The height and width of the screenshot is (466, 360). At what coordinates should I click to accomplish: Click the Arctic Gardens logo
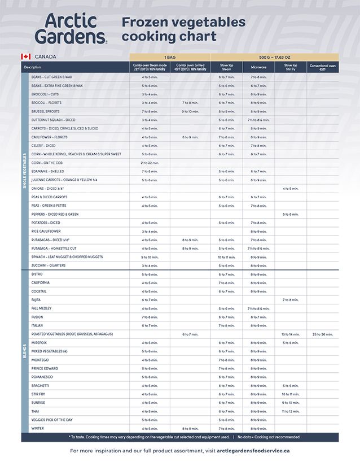coord(71,29)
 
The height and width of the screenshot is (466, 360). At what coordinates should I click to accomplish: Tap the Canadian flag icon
coord(25,56)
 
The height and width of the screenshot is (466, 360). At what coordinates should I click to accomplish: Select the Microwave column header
coord(258,67)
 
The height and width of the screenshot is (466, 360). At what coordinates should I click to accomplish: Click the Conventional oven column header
coord(323,67)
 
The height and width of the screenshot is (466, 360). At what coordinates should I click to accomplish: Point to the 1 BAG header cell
coord(170,57)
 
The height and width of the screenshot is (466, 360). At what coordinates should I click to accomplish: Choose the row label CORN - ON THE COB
coord(47,163)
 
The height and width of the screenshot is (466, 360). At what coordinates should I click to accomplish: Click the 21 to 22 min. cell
coord(150,163)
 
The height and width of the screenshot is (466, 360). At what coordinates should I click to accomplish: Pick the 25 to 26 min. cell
coord(323,334)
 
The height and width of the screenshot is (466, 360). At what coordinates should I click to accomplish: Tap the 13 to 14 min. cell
coord(291,334)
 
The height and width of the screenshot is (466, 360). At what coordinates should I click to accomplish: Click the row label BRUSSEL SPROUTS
coord(46,111)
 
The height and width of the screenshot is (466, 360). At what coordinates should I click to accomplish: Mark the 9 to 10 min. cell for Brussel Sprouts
coord(190,111)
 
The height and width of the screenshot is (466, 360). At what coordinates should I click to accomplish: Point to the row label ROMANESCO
coord(42,377)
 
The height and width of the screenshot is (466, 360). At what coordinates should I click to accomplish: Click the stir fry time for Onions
coord(291,189)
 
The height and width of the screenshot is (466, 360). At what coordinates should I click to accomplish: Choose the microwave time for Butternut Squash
coord(258,120)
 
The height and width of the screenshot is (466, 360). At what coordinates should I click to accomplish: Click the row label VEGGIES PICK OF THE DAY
coord(52,420)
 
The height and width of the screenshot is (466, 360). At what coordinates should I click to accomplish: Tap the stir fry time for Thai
coord(291,412)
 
